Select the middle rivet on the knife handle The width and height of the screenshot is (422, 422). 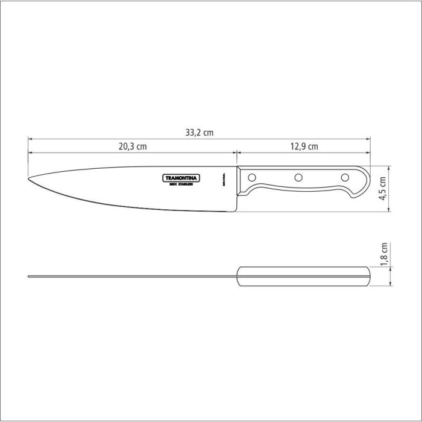(x=298, y=177)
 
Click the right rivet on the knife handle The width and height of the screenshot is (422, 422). (x=345, y=177)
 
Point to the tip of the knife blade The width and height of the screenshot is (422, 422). (x=30, y=179)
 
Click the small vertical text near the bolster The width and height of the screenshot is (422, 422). (x=224, y=181)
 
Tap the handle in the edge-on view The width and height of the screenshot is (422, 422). (x=304, y=276)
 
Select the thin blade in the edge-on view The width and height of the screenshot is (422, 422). (x=133, y=277)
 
